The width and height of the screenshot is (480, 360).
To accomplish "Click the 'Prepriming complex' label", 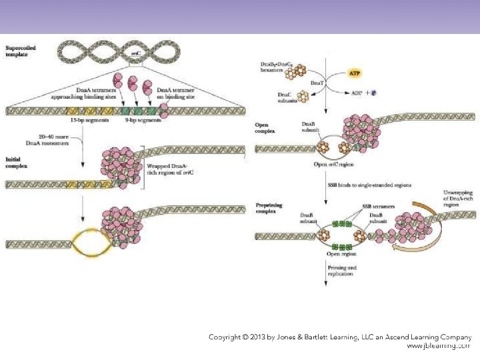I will (268, 209).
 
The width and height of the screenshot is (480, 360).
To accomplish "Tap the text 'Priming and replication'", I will (342, 271).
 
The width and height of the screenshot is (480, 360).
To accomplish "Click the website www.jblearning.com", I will (438, 346).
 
